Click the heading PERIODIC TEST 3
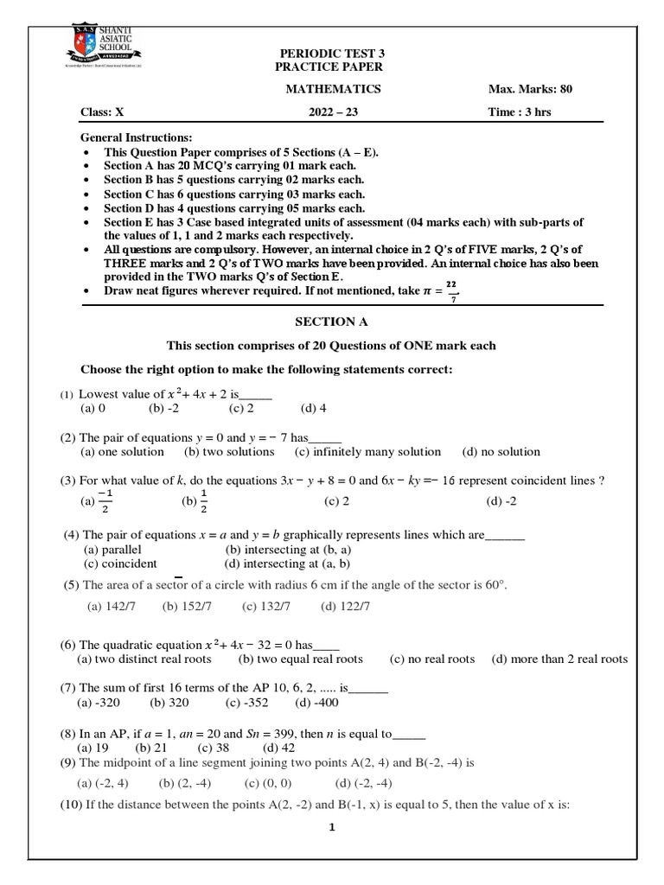328,53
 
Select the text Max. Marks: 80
530,89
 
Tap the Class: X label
102,111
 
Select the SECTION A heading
331,322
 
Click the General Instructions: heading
137,138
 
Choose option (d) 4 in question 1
313,409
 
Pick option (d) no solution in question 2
501,451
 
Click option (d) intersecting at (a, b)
287,563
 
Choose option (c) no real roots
431,659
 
